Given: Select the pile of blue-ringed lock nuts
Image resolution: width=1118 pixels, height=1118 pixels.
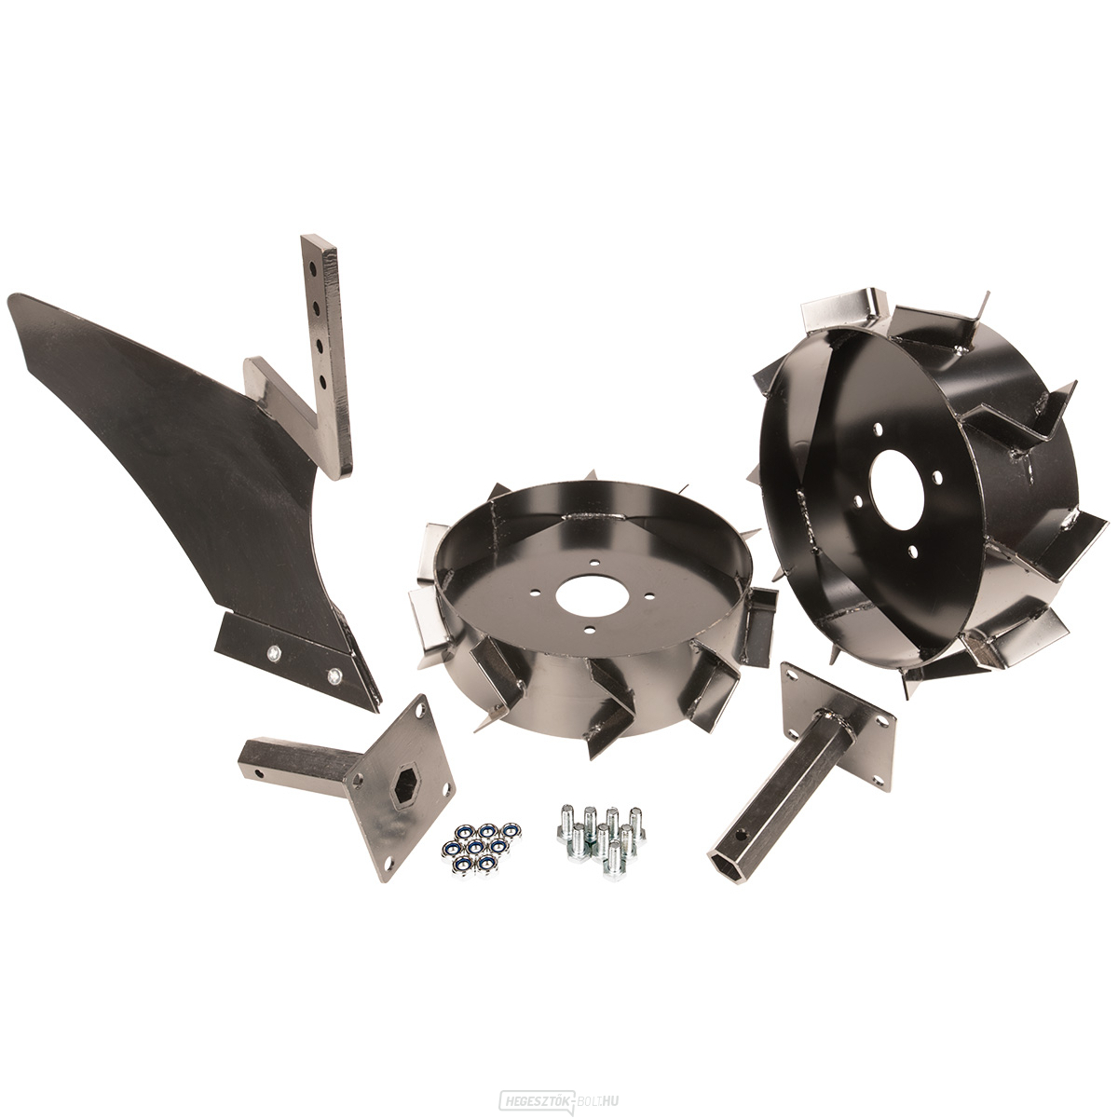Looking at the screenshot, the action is (477, 847).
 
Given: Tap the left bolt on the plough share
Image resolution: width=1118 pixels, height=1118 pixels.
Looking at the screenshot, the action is (273, 652).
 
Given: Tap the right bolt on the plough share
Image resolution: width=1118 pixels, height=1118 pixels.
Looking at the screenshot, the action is (334, 675).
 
